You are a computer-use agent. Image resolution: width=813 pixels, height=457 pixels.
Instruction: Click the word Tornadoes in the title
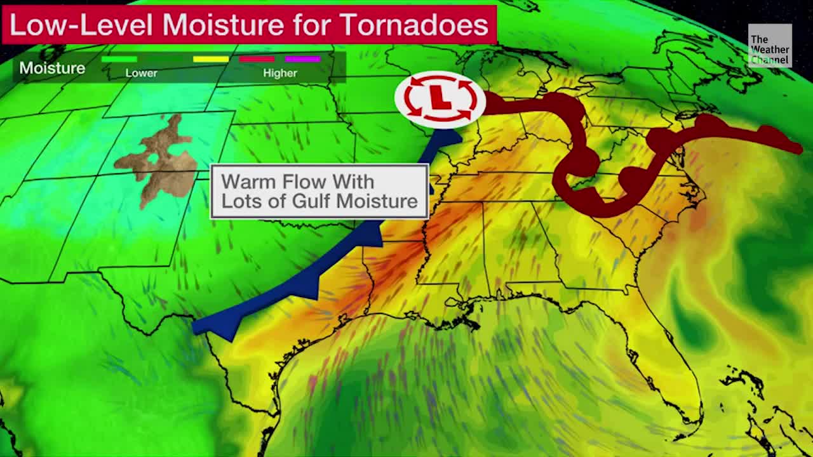tap(414, 25)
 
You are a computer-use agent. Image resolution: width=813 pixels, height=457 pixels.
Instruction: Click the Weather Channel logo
tap(769, 46)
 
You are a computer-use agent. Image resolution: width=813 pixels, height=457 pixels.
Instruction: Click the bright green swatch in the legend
tap(119, 59)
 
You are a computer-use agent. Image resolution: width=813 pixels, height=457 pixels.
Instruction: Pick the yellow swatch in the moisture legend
tap(211, 59)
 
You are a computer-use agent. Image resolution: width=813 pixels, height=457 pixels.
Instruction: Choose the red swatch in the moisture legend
tap(256, 59)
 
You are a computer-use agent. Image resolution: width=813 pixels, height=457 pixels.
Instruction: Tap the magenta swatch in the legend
tap(302, 59)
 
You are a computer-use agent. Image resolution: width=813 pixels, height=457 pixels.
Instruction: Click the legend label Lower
tap(141, 73)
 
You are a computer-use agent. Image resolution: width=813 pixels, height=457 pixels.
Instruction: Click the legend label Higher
tap(279, 73)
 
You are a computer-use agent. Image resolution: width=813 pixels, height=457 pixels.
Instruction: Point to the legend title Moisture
tap(51, 68)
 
